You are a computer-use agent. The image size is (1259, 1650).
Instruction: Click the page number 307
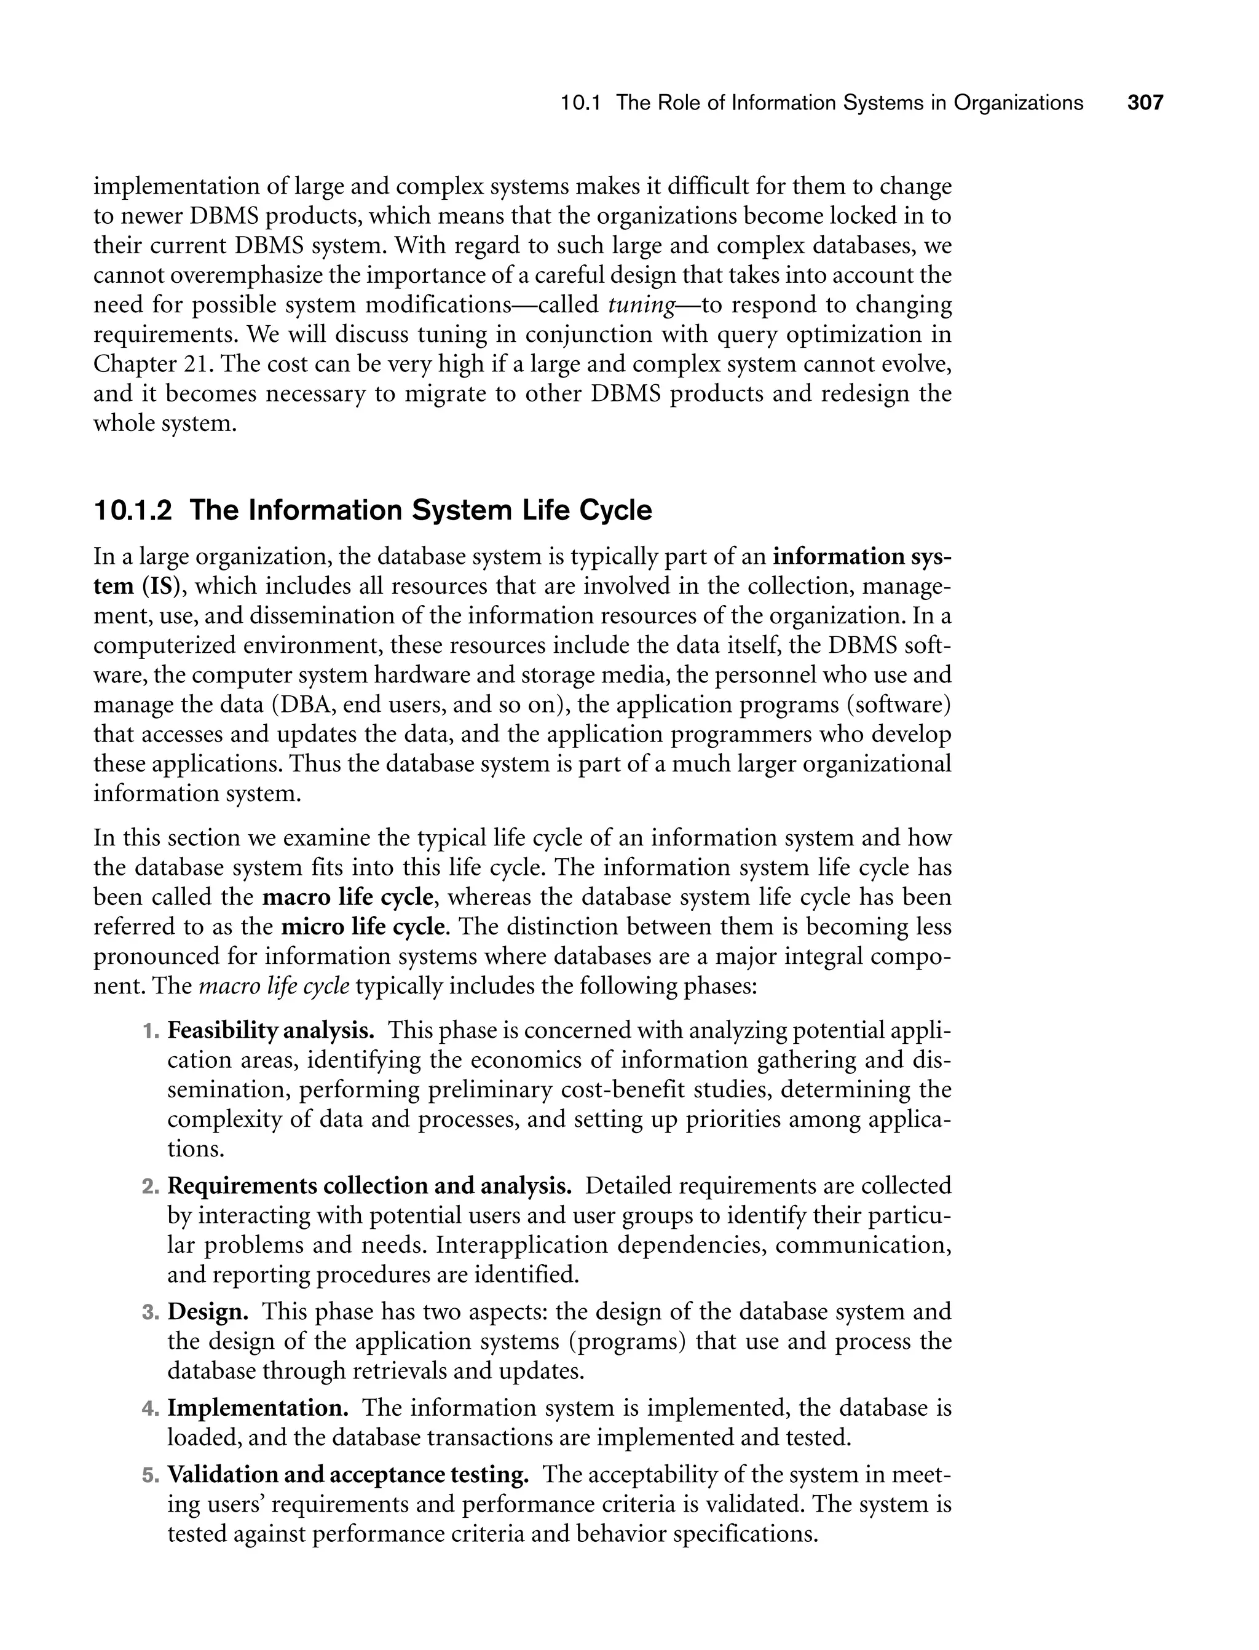(1145, 103)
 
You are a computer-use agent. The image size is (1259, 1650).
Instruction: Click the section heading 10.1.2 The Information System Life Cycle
(373, 510)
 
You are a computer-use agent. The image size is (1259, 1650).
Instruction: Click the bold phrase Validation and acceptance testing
(348, 1475)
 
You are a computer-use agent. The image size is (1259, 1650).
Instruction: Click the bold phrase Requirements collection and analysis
(369, 1186)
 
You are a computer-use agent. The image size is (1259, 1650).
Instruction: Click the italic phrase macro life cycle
(274, 986)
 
